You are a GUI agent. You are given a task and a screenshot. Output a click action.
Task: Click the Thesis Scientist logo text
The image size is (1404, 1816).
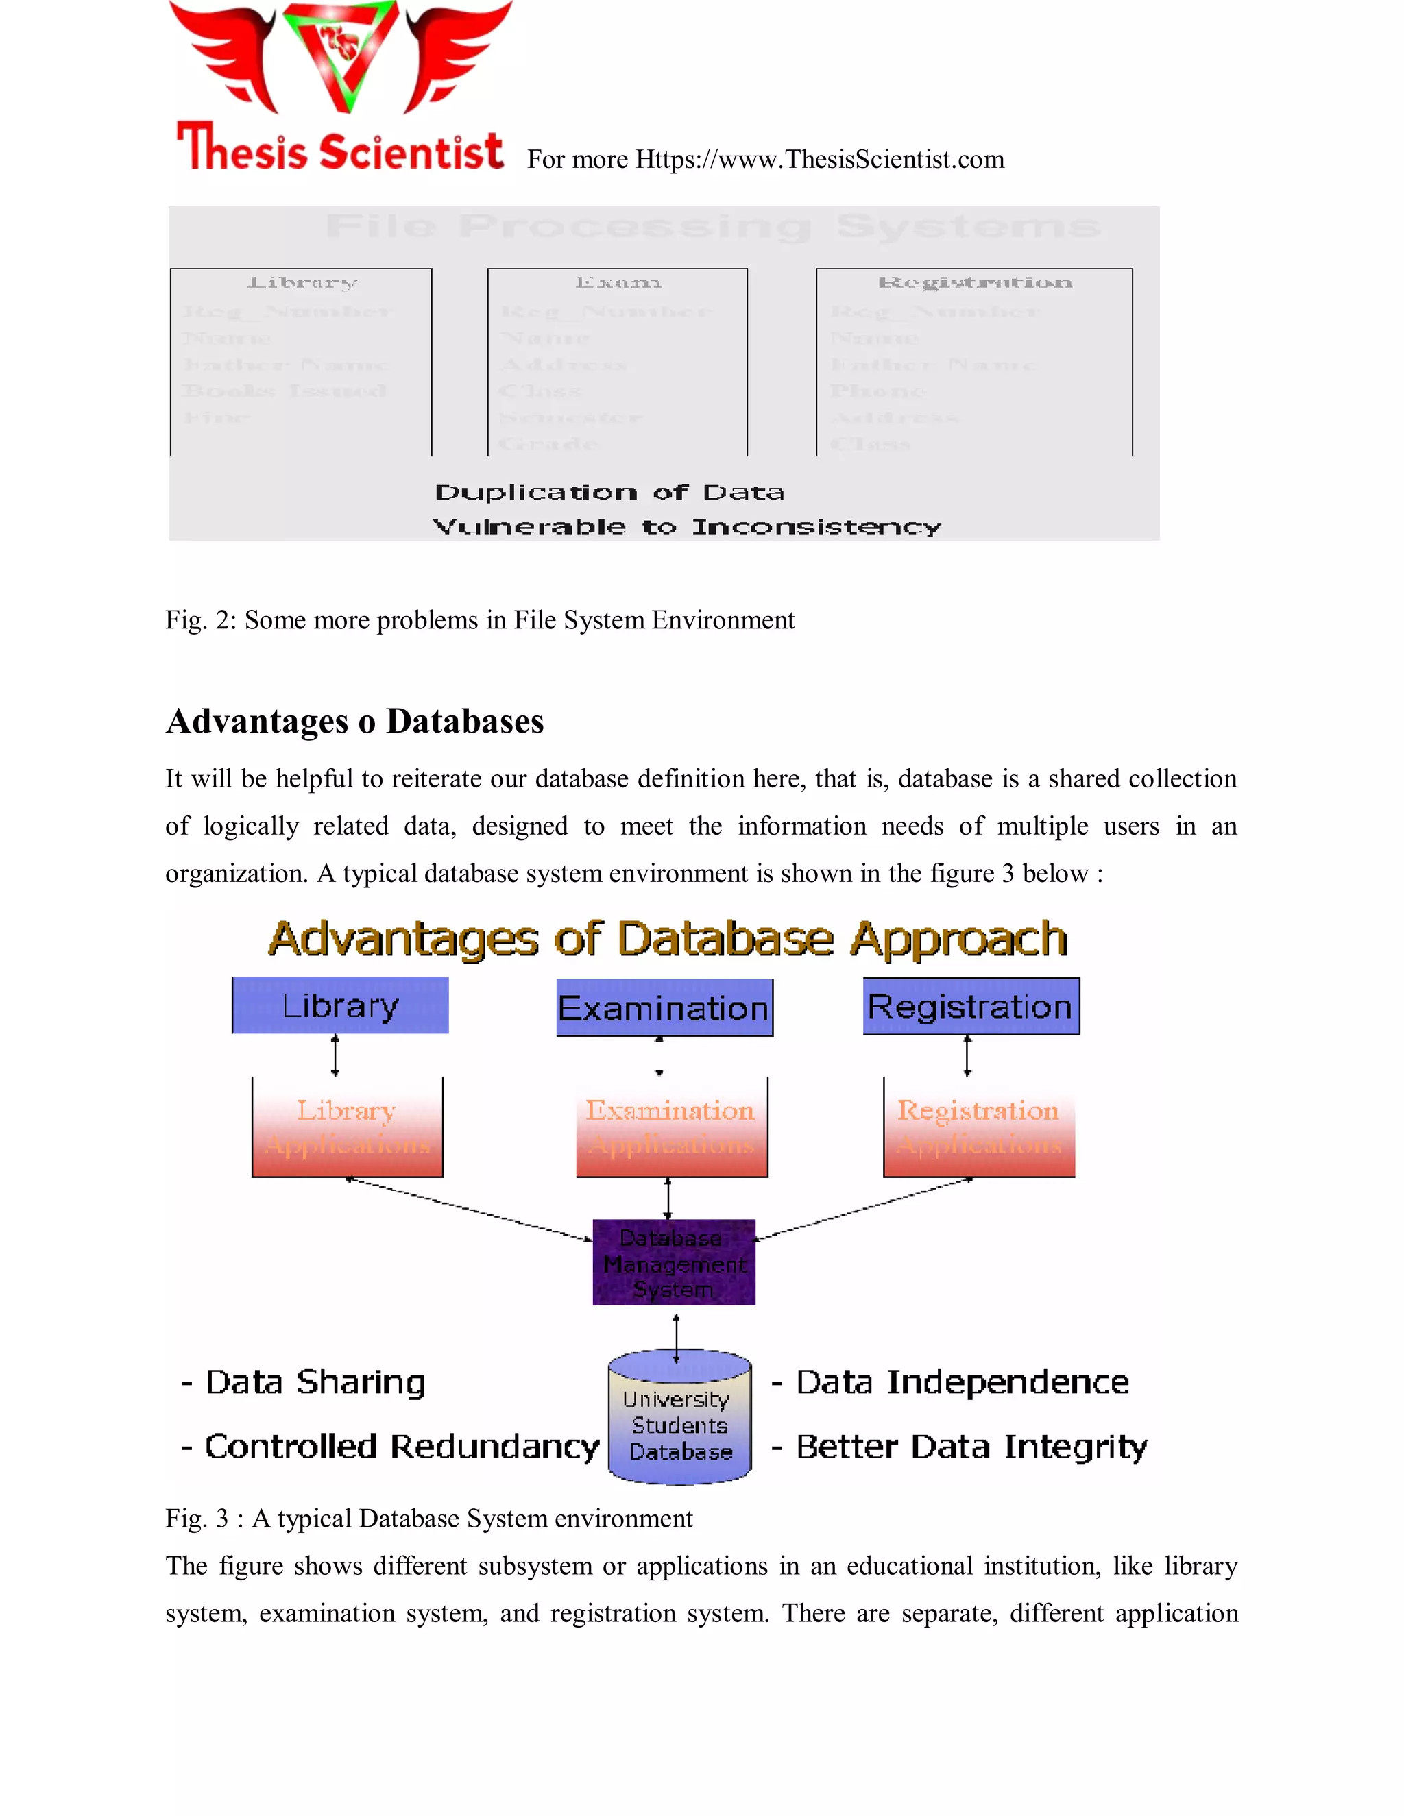tap(339, 149)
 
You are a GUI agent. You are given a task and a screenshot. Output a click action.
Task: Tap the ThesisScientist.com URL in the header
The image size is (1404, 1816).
tap(819, 159)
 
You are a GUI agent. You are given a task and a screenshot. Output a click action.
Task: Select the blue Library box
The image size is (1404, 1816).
tap(340, 1006)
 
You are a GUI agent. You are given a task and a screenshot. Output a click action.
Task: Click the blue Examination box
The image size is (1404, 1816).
tap(664, 1008)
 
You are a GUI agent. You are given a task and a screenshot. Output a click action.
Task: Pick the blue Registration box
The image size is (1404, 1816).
tap(971, 1006)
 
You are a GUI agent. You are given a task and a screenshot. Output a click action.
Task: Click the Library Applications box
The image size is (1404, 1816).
tap(348, 1127)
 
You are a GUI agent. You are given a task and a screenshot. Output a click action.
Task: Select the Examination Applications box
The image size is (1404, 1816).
tap(671, 1127)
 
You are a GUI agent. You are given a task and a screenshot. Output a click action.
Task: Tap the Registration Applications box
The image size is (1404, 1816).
tap(979, 1127)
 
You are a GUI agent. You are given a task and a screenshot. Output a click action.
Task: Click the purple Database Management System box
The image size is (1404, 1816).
tap(674, 1262)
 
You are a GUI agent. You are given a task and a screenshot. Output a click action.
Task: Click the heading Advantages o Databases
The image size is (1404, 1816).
tap(354, 721)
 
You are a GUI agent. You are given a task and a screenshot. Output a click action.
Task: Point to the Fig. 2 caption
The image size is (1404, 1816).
tap(480, 619)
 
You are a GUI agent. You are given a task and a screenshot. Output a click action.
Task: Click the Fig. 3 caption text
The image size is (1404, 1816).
tap(429, 1519)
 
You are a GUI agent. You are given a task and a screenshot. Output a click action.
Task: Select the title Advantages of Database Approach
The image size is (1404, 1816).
tap(668, 939)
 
